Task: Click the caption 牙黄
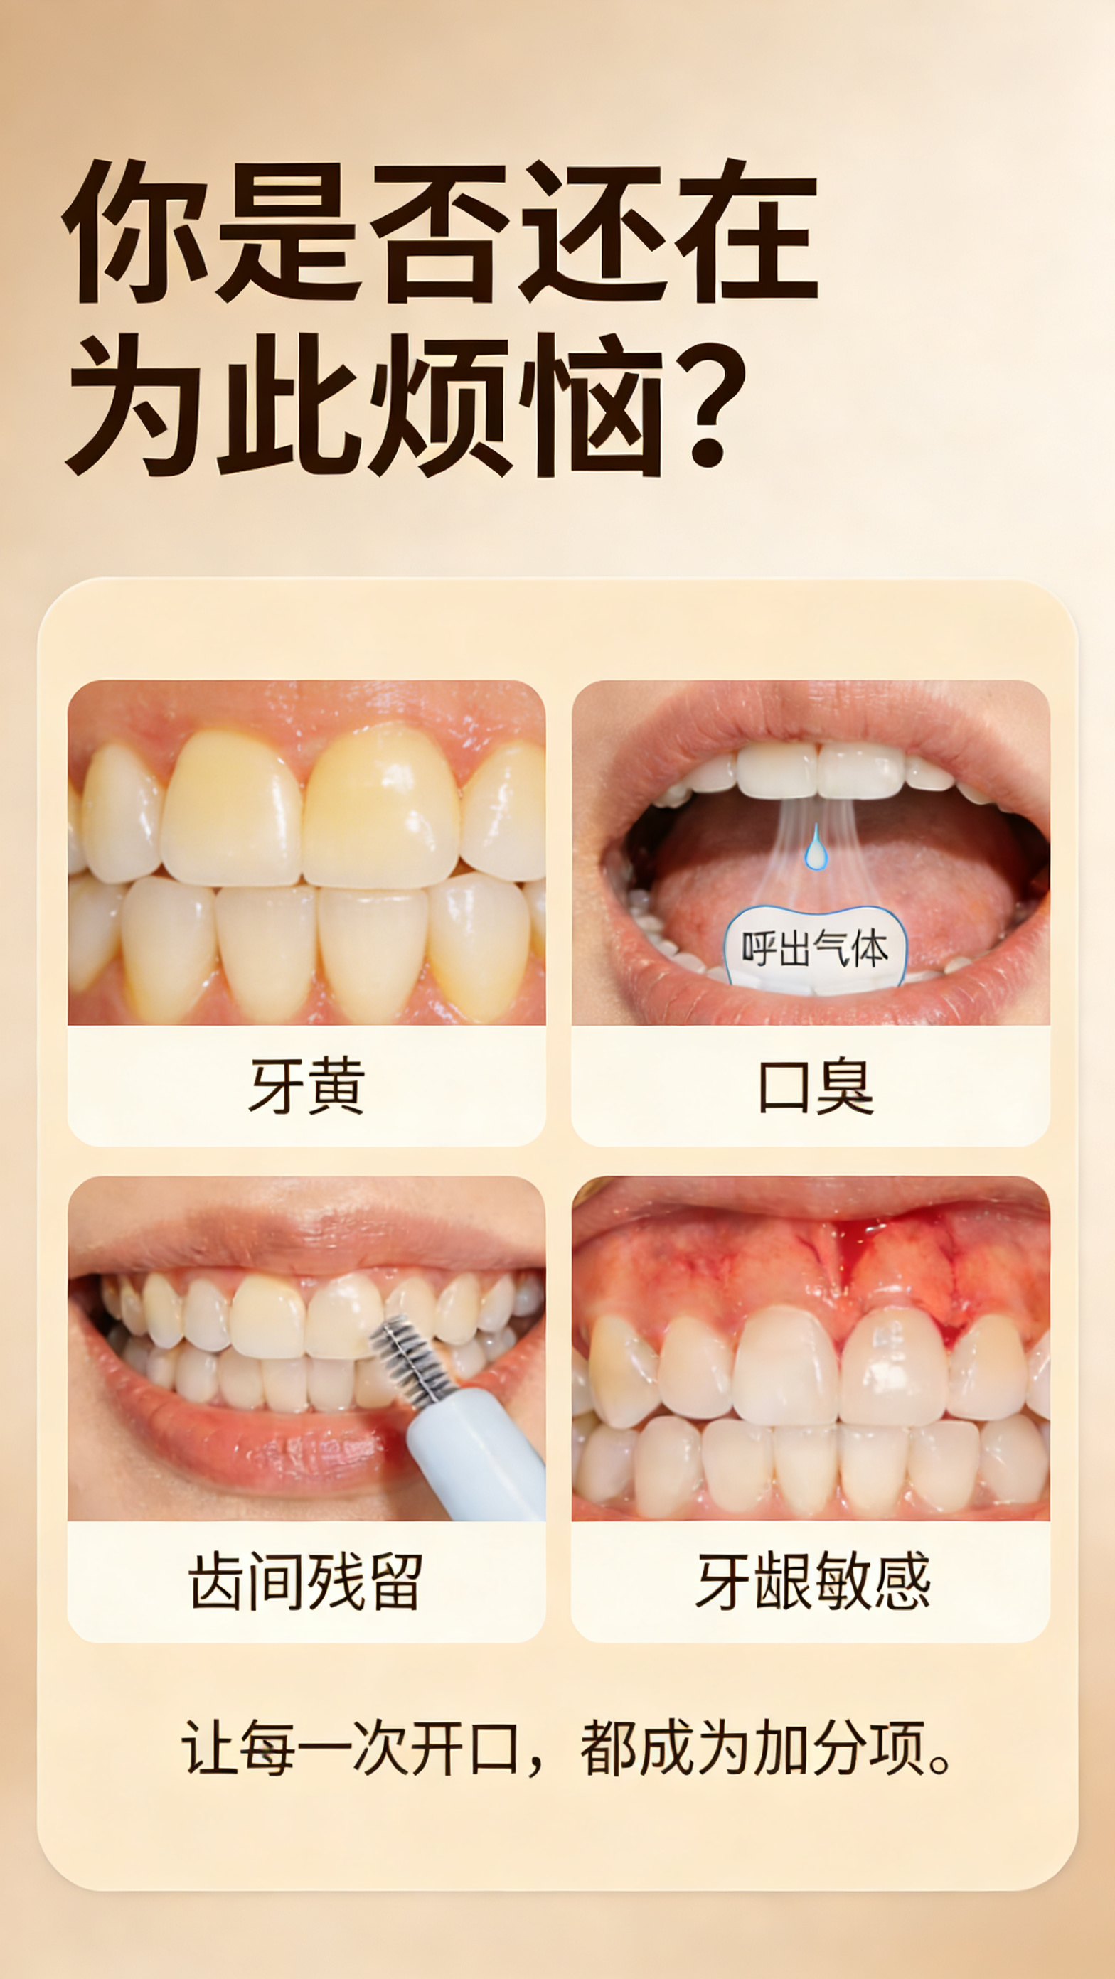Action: click(x=306, y=1085)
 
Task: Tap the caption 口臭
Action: click(x=816, y=1085)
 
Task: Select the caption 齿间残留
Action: click(x=306, y=1581)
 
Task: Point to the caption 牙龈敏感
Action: click(x=813, y=1581)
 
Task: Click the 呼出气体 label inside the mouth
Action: click(x=814, y=949)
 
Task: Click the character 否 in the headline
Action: click(x=439, y=230)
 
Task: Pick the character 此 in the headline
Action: click(x=288, y=405)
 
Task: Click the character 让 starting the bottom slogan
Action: click(x=208, y=1748)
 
